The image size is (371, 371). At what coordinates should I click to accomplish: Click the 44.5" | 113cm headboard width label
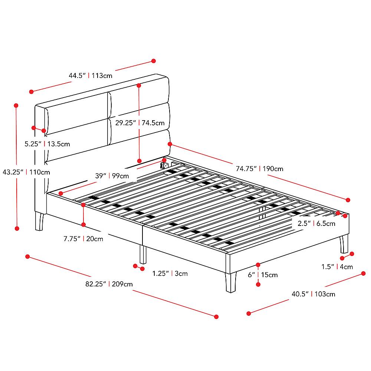point(90,76)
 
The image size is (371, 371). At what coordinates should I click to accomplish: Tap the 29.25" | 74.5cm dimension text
point(140,123)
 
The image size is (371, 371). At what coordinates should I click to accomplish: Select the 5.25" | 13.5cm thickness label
point(47,144)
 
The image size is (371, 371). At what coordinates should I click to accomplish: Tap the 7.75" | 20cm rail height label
point(83,239)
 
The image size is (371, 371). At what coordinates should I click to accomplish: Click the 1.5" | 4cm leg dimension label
point(337,266)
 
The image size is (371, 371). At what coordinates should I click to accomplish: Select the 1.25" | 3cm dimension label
point(170,273)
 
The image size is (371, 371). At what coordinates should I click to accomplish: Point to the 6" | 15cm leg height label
point(263,275)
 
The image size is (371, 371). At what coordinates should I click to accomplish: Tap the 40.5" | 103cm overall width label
point(313,294)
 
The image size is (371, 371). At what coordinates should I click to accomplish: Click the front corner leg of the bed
point(231,282)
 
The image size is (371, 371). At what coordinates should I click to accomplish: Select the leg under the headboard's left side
point(39,221)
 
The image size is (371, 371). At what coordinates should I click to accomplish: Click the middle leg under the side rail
point(143,254)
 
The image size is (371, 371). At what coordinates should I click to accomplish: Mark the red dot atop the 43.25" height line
point(16,105)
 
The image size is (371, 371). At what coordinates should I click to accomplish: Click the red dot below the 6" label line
point(258,285)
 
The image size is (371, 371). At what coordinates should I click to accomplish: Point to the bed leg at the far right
point(344,244)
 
